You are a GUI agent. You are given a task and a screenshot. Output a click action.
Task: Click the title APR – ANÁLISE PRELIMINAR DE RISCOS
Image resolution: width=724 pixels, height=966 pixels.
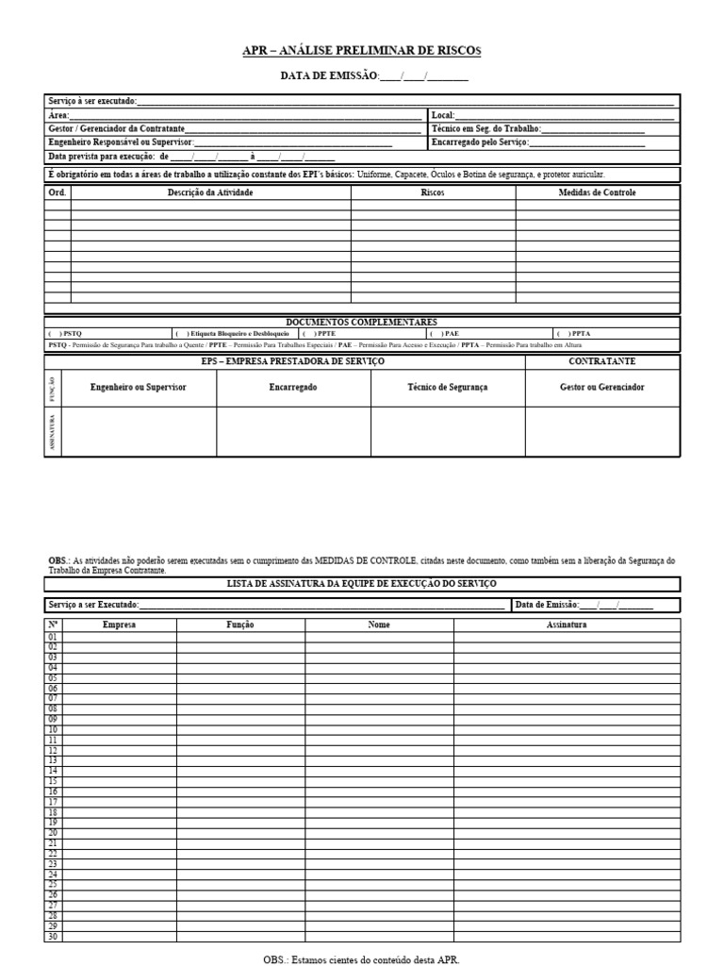point(361,51)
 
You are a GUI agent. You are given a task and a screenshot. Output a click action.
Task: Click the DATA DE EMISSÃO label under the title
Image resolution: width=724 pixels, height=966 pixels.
point(329,76)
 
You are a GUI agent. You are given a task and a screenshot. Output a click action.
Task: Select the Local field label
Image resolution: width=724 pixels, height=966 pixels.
point(442,115)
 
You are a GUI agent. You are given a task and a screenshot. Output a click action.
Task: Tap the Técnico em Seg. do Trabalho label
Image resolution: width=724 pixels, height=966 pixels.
point(486,128)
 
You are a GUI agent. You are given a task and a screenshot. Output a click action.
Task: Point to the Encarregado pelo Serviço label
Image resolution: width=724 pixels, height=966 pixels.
point(480,142)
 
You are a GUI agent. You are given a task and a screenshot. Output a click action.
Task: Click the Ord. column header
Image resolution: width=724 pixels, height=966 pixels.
point(57,192)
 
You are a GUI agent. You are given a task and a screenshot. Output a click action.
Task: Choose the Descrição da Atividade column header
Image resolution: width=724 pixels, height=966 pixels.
point(210,192)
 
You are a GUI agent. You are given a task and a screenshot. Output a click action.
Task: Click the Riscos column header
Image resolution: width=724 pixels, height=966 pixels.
point(433,192)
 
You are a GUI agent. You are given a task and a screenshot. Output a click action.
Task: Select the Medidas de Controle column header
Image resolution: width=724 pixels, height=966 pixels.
point(597,192)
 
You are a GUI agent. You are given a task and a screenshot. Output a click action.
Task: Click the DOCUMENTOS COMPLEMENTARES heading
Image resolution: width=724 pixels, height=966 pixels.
point(361,323)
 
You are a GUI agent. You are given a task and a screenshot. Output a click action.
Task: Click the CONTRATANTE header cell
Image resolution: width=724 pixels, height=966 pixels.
point(601,361)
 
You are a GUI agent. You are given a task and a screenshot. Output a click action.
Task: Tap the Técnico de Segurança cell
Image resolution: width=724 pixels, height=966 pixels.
point(447,388)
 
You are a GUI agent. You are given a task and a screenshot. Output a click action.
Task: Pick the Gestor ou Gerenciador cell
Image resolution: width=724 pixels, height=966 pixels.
point(601,388)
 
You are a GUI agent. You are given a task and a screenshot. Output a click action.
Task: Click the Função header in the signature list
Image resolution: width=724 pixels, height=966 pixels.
point(239,625)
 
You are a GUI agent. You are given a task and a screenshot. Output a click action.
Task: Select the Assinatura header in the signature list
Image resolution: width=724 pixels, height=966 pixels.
point(566,625)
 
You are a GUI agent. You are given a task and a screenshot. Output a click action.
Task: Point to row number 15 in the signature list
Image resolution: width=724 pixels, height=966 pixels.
point(53,781)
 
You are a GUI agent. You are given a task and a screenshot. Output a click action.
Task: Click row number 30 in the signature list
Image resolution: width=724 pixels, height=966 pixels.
point(53,936)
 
